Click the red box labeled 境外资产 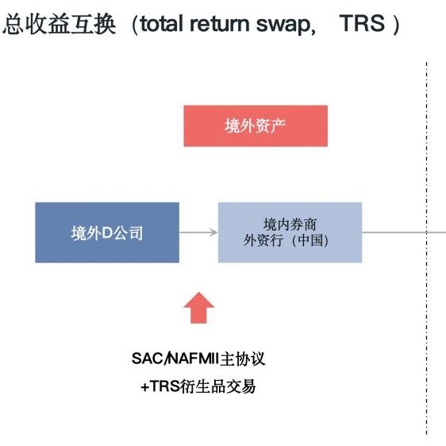point(255,126)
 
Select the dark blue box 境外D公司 point(107,232)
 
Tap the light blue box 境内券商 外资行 point(290,232)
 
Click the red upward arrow point(198,307)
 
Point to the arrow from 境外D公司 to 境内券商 point(198,232)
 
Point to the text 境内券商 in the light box point(290,223)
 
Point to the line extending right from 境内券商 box point(397,232)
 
